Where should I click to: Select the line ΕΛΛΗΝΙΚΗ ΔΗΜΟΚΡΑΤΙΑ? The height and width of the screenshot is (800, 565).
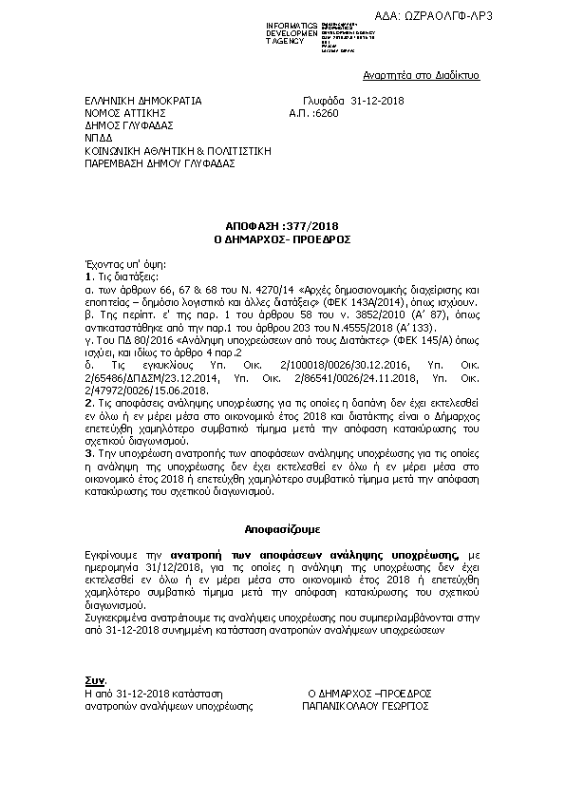click(141, 99)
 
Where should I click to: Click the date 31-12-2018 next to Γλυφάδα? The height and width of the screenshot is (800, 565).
click(378, 99)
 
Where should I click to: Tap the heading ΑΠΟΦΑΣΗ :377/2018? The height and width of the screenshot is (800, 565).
click(283, 226)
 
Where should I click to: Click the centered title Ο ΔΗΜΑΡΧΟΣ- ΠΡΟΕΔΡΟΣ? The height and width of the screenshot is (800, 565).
click(283, 238)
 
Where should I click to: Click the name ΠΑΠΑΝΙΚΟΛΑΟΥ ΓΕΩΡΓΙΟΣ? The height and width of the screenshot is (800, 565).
click(366, 707)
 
